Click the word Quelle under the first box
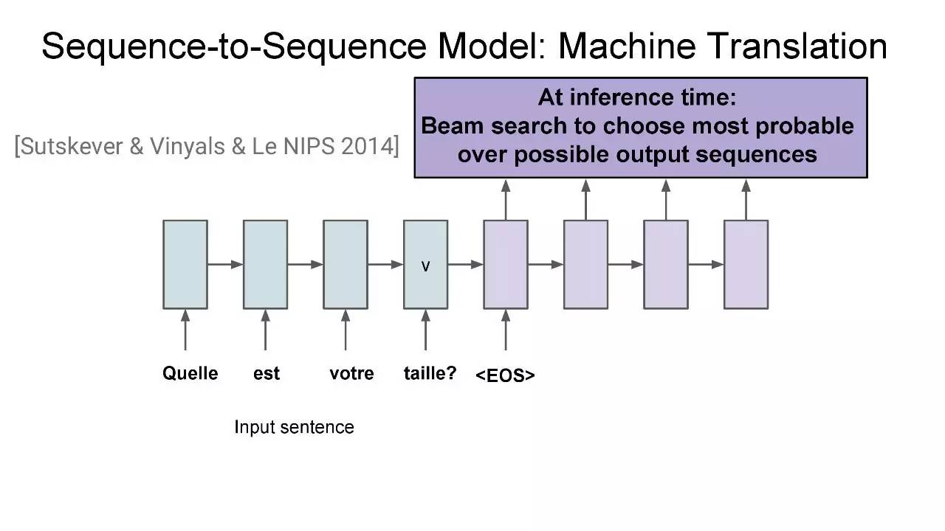(x=190, y=373)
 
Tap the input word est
(x=267, y=374)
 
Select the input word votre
(x=351, y=374)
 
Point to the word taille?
(x=430, y=373)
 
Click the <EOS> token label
(x=505, y=375)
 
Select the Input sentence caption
(x=294, y=427)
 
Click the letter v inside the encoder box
(x=426, y=266)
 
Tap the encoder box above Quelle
(x=185, y=265)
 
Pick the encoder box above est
(x=265, y=265)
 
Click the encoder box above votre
(x=346, y=265)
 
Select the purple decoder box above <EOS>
(x=506, y=265)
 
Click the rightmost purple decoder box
(x=746, y=265)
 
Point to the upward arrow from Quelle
(x=185, y=330)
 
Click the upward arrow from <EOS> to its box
(x=506, y=330)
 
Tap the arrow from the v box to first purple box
(x=465, y=265)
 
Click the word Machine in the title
(x=627, y=46)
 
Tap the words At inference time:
(x=637, y=98)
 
